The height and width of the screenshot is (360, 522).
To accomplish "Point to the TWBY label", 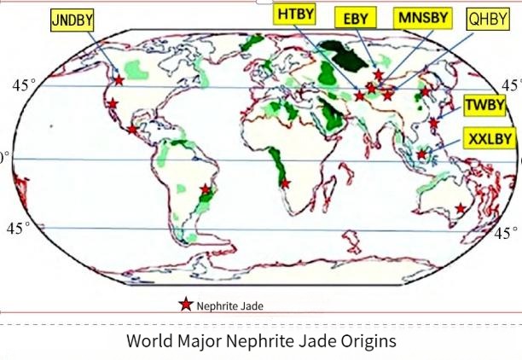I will [484, 106].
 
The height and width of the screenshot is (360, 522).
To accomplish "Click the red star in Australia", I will [461, 208].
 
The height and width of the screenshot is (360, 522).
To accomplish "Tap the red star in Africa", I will [285, 183].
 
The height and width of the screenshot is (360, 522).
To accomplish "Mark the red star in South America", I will [206, 189].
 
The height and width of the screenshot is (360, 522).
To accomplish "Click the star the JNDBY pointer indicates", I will [119, 79].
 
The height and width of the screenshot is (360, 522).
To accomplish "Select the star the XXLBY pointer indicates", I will [422, 154].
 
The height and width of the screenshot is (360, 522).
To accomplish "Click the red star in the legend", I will [184, 305].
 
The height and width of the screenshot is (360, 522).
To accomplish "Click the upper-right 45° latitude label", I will [510, 85].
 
